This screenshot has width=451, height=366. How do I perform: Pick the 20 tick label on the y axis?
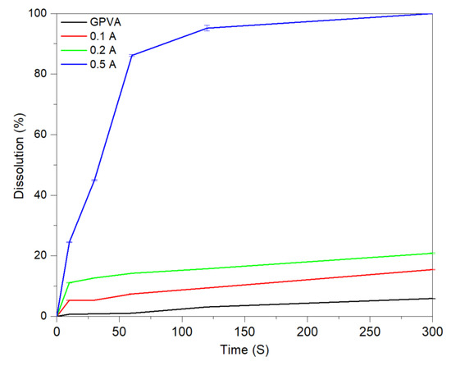click(39, 256)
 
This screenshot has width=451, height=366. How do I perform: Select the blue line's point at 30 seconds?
click(94, 180)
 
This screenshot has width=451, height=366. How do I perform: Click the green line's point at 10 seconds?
click(70, 283)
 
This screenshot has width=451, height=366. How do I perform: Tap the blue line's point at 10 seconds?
click(70, 242)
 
